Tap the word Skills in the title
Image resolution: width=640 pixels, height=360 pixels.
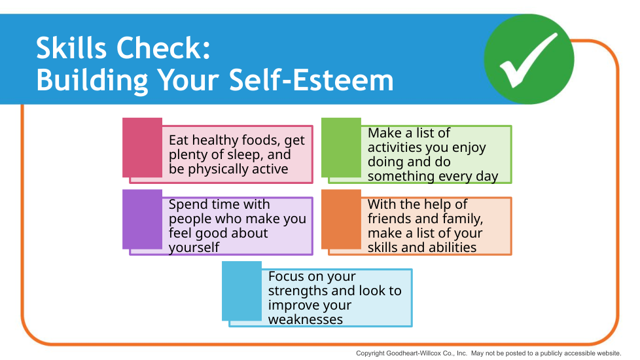click(x=72, y=48)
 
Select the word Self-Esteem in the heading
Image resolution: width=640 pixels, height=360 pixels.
click(x=311, y=80)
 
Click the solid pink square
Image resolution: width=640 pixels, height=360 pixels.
click(x=143, y=148)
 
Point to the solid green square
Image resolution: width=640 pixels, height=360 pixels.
click(x=341, y=148)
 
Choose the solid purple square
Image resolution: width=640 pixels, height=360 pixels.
click(x=143, y=219)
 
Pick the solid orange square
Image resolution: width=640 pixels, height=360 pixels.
click(x=341, y=219)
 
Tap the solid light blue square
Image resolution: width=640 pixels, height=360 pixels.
click(x=241, y=291)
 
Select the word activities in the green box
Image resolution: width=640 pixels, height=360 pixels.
click(x=395, y=147)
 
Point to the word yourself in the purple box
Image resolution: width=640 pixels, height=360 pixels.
click(x=194, y=247)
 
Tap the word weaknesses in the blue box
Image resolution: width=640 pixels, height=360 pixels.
click(x=306, y=319)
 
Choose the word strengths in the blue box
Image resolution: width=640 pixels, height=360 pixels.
click(x=299, y=291)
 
